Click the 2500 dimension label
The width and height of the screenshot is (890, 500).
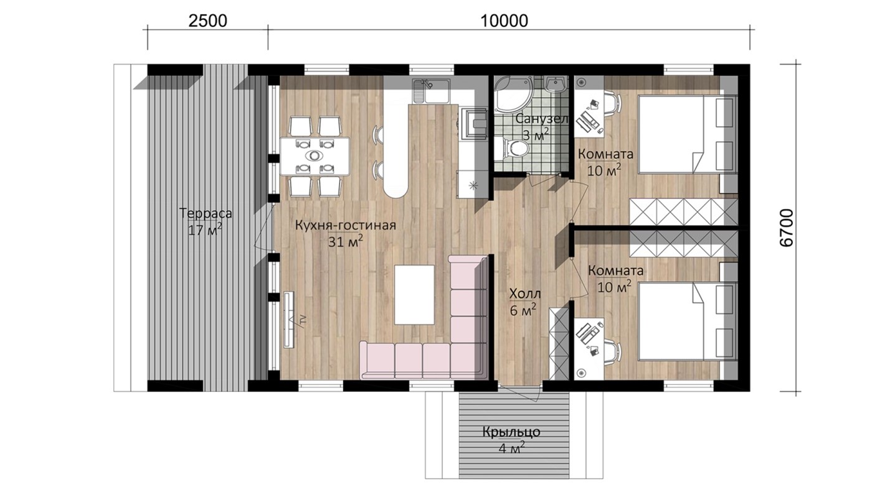pos(207,21)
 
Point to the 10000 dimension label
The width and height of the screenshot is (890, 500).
pos(504,21)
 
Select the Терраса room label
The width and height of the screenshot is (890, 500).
pos(206,213)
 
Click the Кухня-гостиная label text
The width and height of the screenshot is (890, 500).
pos(345,225)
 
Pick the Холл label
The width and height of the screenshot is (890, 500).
pos(525,294)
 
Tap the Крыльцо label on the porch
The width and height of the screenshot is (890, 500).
pos(511,432)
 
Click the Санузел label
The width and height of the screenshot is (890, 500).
pos(542,119)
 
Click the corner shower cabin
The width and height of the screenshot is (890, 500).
pos(513,94)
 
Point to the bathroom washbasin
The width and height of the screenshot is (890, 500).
pos(556,85)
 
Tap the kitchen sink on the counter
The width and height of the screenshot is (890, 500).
pos(431,91)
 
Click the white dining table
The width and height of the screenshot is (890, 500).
pos(315,156)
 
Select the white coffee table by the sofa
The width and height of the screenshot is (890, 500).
pos(414,295)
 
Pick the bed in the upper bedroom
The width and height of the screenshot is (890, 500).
pos(688,134)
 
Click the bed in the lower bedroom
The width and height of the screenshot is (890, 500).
pos(688,322)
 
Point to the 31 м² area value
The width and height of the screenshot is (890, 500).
pos(345,241)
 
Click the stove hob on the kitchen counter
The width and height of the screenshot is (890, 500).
pos(473,123)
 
